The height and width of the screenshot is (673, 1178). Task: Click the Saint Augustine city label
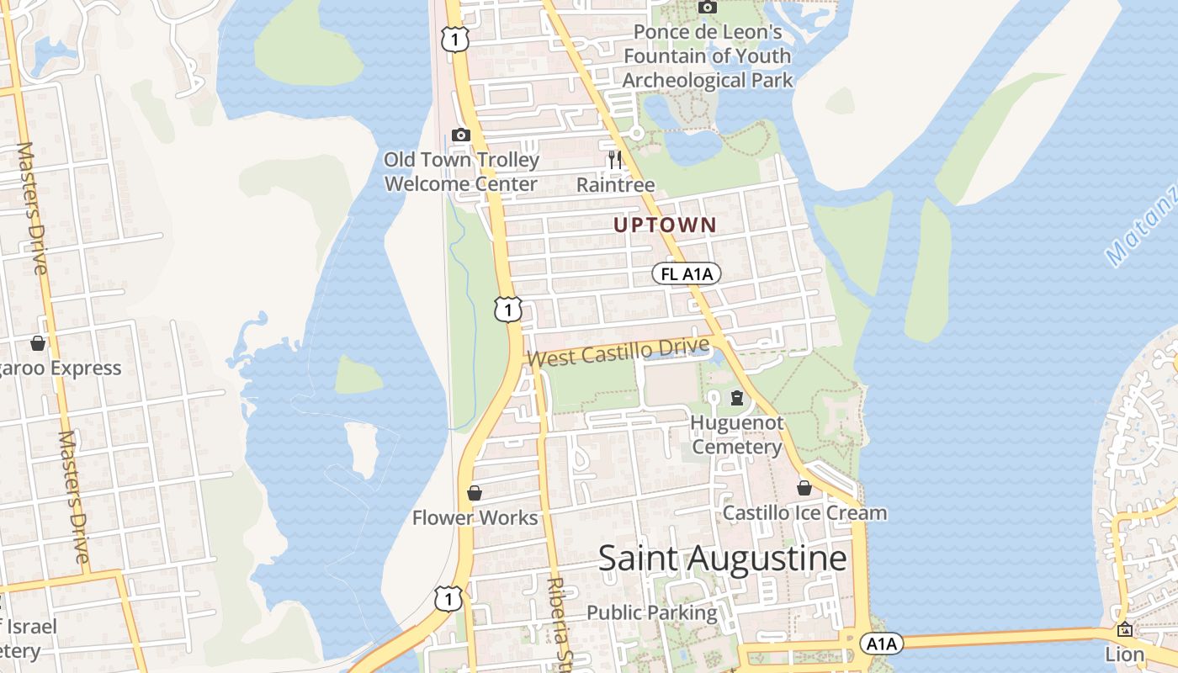722,559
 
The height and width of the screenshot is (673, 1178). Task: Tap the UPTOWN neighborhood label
665,225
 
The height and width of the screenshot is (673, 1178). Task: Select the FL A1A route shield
686,273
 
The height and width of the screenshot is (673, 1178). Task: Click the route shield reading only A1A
881,644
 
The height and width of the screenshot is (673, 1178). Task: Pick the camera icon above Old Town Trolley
460,135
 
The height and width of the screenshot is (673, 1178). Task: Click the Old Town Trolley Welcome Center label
461,172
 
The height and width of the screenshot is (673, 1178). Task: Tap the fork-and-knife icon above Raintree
615,158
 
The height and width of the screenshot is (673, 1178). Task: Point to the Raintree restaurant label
615,184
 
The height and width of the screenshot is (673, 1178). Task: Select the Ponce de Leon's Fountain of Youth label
708,56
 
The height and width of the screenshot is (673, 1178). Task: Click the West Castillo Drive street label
618,352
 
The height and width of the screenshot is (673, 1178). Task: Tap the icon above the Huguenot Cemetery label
737,397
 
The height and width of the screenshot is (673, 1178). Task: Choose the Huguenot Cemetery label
737,434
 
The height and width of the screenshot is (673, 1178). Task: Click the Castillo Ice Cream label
804,512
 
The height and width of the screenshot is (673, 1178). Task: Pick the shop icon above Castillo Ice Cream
804,488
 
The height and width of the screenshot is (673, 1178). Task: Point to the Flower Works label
475,517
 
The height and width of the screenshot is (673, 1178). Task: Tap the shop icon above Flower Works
475,493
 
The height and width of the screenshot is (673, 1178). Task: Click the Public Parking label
652,612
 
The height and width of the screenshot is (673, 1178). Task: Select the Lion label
1125,654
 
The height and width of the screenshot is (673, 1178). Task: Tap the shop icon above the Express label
38,343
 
